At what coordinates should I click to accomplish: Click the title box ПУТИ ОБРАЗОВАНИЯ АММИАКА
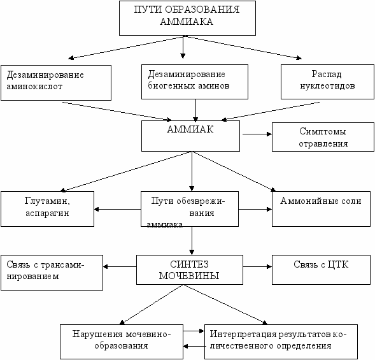click(x=187, y=18)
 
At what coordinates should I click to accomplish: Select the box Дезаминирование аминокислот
click(x=56, y=83)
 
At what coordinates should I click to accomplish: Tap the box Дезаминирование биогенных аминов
click(x=195, y=82)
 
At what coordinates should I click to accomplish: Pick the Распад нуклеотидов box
click(x=327, y=82)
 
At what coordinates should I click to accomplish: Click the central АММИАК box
click(x=190, y=136)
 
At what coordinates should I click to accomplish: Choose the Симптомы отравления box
click(x=323, y=137)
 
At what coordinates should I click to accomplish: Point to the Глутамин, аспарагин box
click(x=47, y=209)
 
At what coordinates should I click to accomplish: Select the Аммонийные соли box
click(x=321, y=209)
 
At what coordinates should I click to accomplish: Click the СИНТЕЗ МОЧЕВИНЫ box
click(x=190, y=270)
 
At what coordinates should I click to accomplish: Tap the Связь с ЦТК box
click(x=321, y=270)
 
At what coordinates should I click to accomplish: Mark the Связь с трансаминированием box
click(x=52, y=273)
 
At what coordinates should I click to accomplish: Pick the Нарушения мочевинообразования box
click(x=122, y=342)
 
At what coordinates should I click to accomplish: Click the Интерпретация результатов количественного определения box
click(x=281, y=342)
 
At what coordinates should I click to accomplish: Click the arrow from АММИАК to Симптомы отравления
click(x=257, y=134)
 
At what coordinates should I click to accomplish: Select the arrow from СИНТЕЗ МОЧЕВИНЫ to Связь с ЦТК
click(x=258, y=266)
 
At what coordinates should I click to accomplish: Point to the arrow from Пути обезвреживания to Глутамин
click(x=118, y=209)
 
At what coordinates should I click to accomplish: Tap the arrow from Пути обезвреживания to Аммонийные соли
click(x=255, y=209)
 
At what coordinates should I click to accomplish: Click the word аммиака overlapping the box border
click(x=164, y=225)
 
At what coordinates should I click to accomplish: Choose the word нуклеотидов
click(x=327, y=85)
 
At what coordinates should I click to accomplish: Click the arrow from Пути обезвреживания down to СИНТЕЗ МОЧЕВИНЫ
click(x=192, y=241)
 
